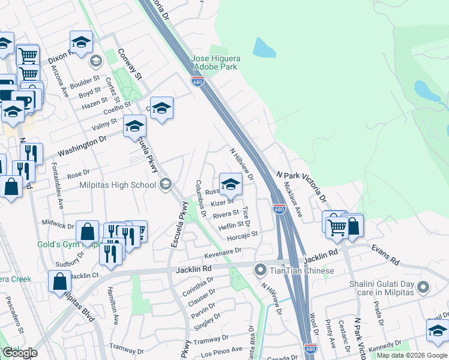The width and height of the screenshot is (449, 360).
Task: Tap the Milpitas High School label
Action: coord(118,185)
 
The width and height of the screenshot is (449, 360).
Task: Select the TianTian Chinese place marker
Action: coord(261,270)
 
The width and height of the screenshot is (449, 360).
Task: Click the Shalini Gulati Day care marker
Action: coord(424,287)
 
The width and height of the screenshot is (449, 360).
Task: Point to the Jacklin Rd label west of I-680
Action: coord(194,270)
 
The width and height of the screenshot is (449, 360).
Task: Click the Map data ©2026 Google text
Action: coord(412,355)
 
